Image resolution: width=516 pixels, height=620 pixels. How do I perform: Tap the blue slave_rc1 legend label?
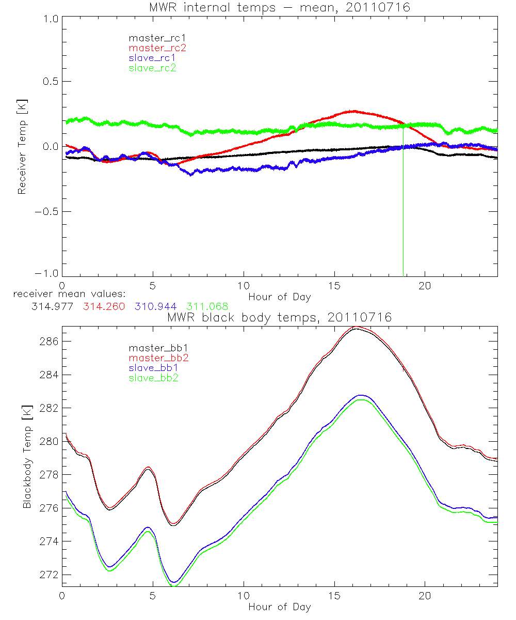tap(152, 58)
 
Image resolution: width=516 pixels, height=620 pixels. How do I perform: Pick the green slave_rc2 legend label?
tap(152, 68)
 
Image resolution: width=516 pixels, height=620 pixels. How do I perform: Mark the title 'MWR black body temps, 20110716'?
tap(280, 318)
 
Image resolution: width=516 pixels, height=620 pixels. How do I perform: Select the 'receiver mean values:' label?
tap(74, 294)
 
